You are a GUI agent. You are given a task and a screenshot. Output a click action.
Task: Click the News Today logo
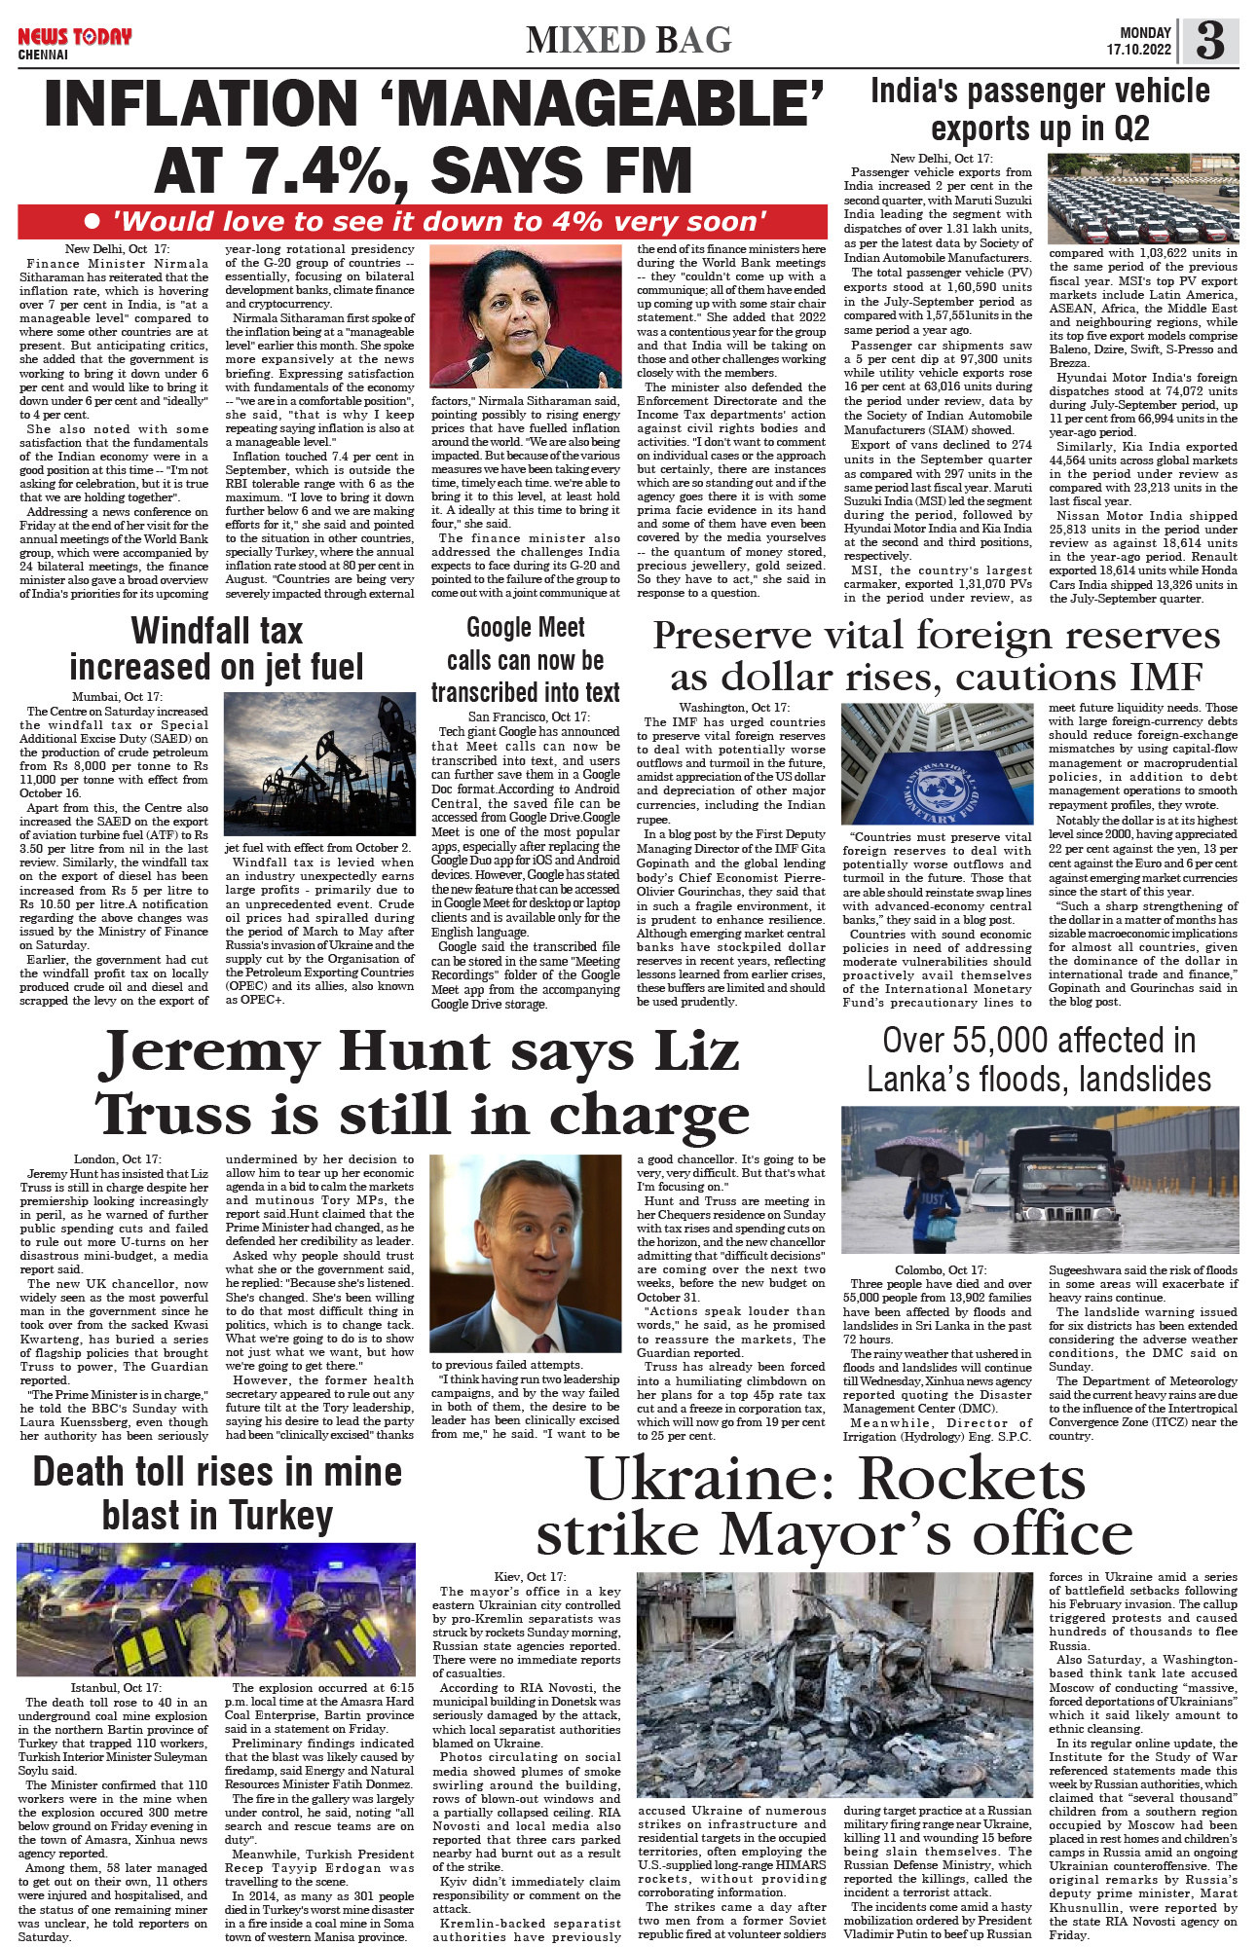(x=74, y=37)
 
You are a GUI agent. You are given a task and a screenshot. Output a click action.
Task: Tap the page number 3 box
(x=1209, y=42)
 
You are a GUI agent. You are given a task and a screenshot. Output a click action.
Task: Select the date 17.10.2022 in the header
(x=1138, y=50)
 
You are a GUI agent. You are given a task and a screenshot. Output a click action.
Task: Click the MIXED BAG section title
(x=628, y=40)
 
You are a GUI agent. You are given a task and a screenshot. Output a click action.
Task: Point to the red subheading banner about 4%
(x=423, y=222)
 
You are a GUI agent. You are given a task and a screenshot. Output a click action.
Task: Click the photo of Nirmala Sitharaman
(x=525, y=315)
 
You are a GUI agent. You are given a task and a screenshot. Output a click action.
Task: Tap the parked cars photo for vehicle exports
(x=1143, y=199)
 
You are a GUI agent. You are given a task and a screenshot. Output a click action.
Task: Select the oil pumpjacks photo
(x=319, y=765)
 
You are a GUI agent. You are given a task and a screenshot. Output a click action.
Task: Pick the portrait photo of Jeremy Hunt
(x=525, y=1254)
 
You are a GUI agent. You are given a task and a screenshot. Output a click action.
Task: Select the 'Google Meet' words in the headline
(x=525, y=628)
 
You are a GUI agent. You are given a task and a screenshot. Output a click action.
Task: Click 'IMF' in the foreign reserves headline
(x=1157, y=677)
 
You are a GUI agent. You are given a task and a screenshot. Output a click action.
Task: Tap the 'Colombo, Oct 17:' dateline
(x=940, y=1269)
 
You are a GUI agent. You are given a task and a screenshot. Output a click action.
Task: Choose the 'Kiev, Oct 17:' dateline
(x=529, y=1576)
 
